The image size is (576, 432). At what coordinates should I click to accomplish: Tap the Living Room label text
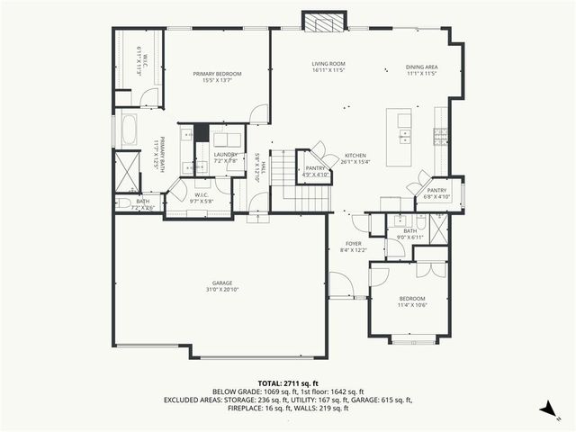point(329,64)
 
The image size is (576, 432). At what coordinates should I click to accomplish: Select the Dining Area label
point(421,68)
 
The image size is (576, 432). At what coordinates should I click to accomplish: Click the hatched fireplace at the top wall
point(323,22)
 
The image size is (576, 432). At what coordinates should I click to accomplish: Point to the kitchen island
point(400,138)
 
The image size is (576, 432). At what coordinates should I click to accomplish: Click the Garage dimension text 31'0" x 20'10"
point(217,290)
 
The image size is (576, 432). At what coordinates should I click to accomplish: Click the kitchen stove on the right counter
point(441,137)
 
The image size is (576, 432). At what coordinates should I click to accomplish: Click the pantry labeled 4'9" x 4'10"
point(316,168)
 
